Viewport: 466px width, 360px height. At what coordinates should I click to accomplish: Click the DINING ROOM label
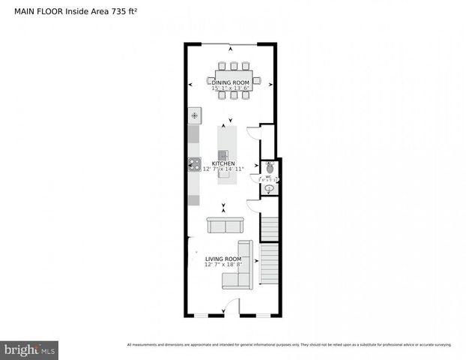point(229,82)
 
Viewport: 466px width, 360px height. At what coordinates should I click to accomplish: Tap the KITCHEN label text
point(223,163)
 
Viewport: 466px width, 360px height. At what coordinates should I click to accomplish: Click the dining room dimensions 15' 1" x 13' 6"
point(229,88)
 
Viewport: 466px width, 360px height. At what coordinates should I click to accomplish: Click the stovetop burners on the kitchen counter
point(195,163)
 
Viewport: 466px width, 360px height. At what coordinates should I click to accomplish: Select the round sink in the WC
point(269,188)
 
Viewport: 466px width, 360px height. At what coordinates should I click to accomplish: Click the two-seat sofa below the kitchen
point(224,226)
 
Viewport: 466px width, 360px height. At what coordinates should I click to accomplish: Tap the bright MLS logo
point(30,349)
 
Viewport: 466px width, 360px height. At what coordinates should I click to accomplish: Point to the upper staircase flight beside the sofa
point(270,228)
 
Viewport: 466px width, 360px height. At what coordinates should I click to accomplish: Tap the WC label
point(268,177)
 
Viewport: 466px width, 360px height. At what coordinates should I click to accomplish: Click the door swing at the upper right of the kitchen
point(253,133)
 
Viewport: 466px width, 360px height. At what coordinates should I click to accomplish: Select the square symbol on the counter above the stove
point(195,115)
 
